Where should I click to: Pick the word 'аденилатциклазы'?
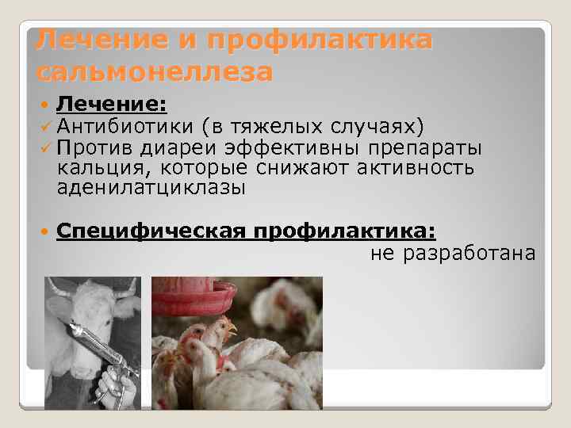coord(151,189)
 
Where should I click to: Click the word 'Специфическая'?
coord(152,231)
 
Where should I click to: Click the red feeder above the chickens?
coord(194,297)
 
